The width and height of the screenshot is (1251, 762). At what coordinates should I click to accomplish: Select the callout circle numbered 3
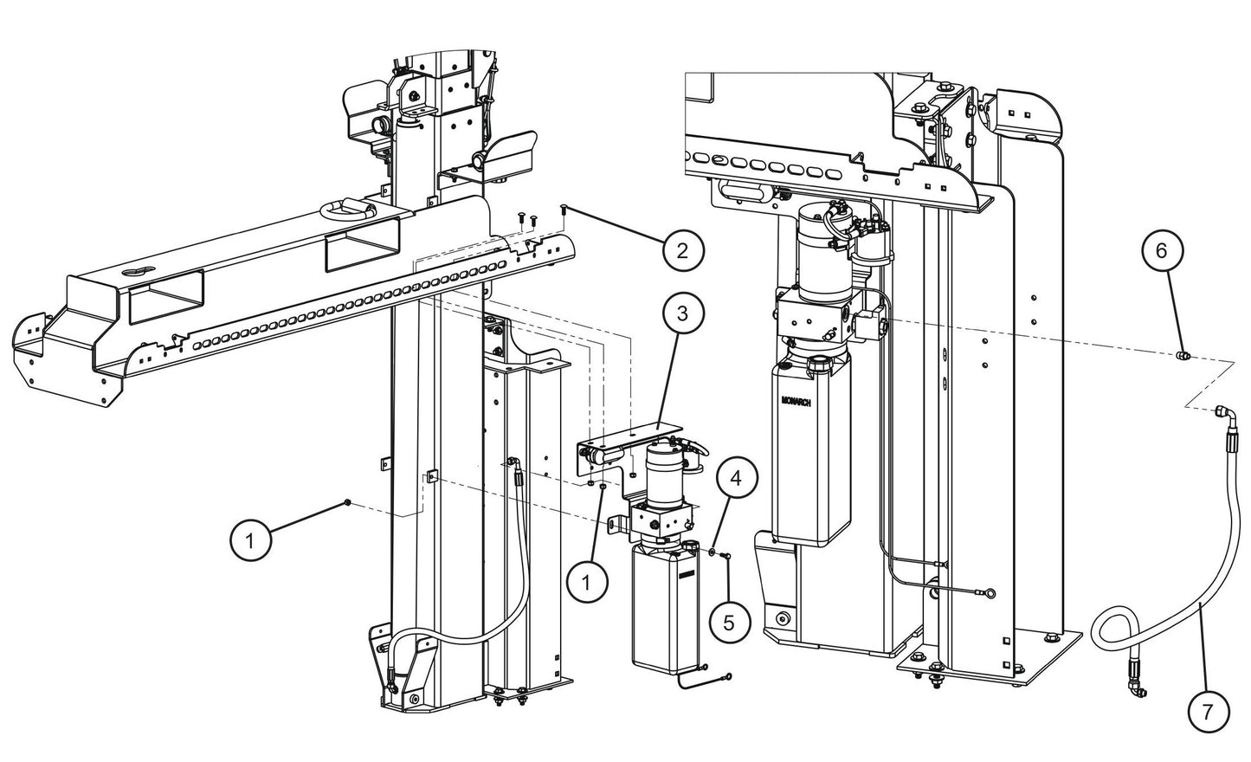pyautogui.click(x=682, y=313)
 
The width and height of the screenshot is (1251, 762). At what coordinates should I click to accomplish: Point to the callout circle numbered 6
pyautogui.click(x=1161, y=250)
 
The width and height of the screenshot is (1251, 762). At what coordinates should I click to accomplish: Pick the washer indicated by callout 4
pyautogui.click(x=711, y=552)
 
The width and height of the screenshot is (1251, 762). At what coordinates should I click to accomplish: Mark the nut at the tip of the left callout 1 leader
pyautogui.click(x=347, y=502)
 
